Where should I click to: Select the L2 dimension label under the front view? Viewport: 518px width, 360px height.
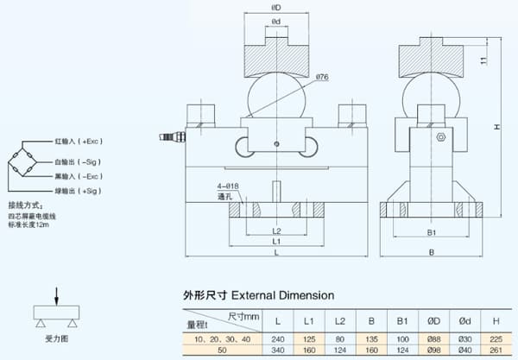[275, 231]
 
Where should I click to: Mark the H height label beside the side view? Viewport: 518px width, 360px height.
[497, 127]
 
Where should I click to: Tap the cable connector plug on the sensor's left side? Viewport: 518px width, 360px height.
[170, 136]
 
